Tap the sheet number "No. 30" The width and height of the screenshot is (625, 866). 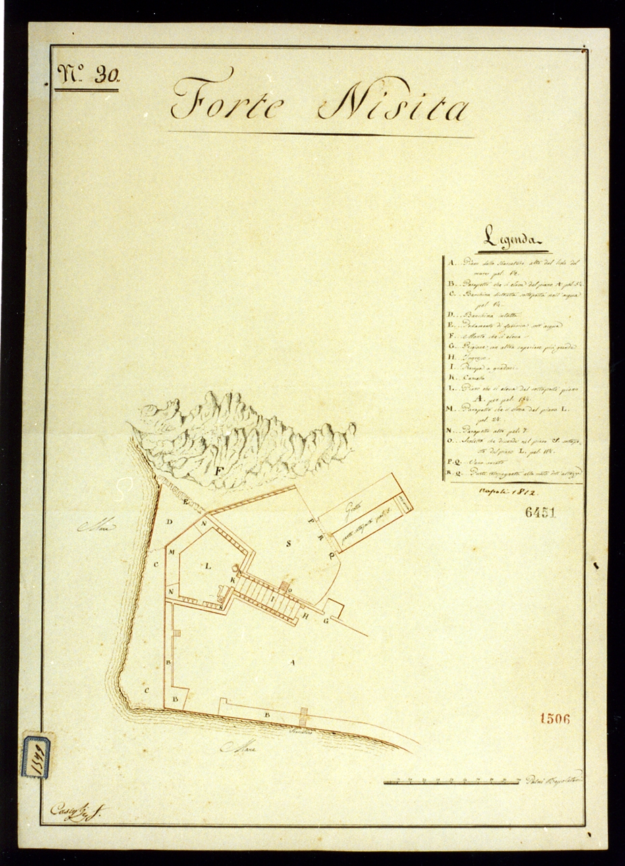[87, 75]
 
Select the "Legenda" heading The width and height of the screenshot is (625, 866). [514, 238]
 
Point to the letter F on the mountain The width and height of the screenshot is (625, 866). [218, 471]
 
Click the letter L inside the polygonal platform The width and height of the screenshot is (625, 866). [208, 566]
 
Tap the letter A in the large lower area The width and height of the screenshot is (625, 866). [292, 663]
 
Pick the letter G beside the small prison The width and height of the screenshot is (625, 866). [325, 620]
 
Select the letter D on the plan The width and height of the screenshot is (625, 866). [170, 522]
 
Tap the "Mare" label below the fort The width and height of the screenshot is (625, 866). [237, 747]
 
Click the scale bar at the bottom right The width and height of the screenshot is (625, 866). [453, 782]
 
